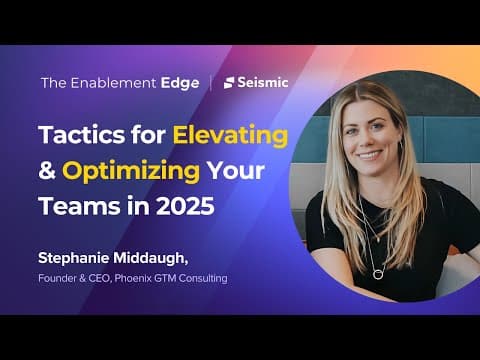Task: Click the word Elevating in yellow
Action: (230, 136)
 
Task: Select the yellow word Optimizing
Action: (131, 172)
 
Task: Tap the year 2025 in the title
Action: (185, 206)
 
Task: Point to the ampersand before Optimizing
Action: (47, 170)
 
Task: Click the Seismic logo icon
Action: (229, 83)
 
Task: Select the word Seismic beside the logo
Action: (263, 82)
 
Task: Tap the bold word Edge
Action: (180, 84)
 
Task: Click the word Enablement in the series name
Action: (113, 83)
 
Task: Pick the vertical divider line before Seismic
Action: (211, 83)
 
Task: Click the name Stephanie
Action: (74, 258)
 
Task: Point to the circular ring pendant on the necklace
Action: (378, 275)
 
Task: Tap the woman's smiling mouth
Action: (369, 155)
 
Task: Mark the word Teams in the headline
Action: (80, 206)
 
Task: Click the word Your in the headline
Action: (236, 171)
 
